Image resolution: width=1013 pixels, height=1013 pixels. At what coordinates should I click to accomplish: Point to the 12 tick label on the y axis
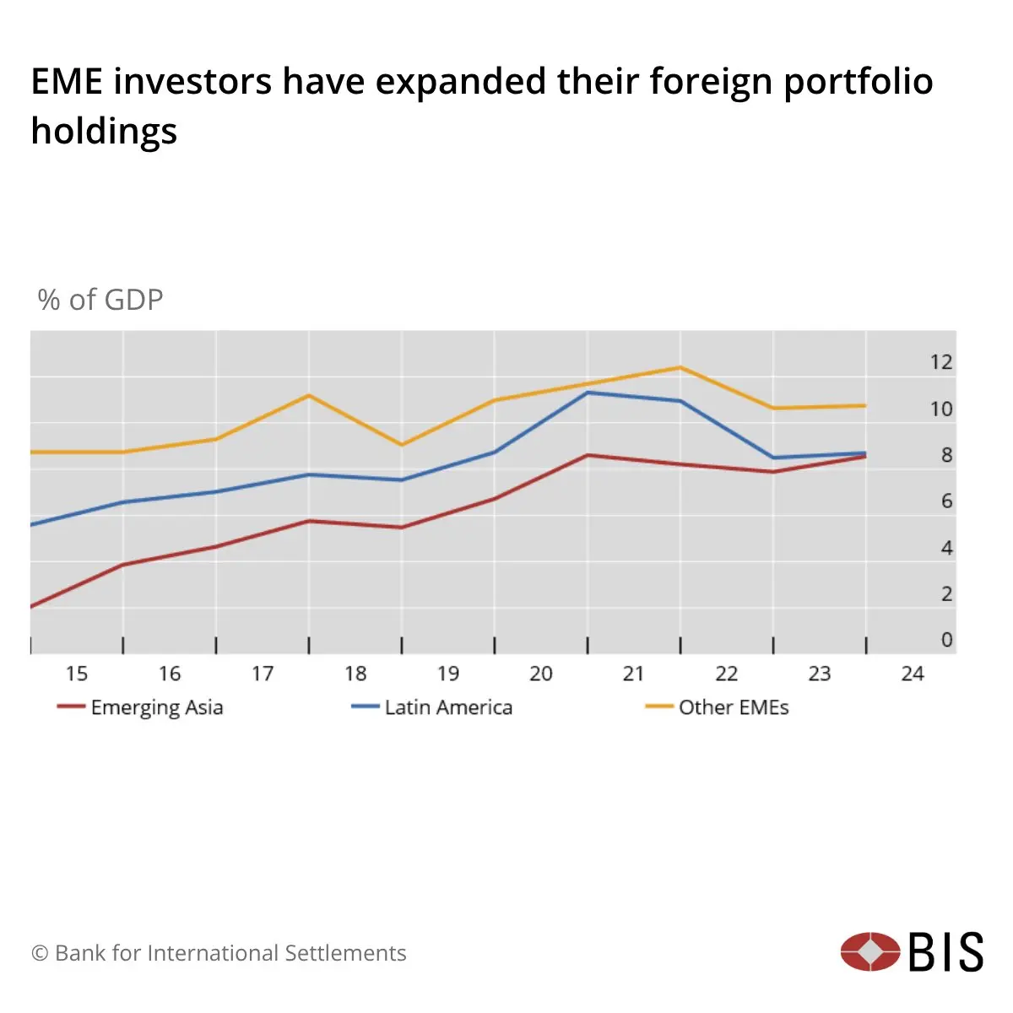(x=940, y=362)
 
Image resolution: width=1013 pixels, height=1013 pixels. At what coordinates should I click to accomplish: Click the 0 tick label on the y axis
(x=946, y=640)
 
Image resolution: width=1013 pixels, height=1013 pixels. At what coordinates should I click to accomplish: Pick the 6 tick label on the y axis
(x=946, y=501)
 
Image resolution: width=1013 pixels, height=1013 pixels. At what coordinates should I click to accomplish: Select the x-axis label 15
(x=77, y=674)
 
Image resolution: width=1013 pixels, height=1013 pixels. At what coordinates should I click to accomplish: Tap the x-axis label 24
(x=912, y=674)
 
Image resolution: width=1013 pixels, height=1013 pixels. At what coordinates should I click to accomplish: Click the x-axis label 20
(x=540, y=674)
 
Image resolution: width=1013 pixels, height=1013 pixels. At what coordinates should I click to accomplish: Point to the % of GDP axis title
(x=100, y=300)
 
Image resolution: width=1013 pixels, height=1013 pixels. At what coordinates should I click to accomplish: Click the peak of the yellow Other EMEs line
(x=680, y=367)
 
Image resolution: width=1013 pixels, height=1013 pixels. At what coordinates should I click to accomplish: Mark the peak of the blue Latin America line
(x=588, y=393)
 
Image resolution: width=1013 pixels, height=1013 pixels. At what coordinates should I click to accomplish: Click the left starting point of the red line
(x=31, y=606)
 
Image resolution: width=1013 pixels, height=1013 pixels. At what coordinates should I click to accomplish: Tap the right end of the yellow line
(x=865, y=406)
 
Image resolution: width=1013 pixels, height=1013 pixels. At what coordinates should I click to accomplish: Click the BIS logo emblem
(x=870, y=951)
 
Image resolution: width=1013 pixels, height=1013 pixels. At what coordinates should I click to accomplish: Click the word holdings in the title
(x=104, y=131)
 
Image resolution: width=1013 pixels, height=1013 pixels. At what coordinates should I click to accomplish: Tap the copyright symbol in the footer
(x=40, y=953)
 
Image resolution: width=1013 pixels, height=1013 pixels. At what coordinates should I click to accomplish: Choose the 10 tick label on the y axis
(x=940, y=409)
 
